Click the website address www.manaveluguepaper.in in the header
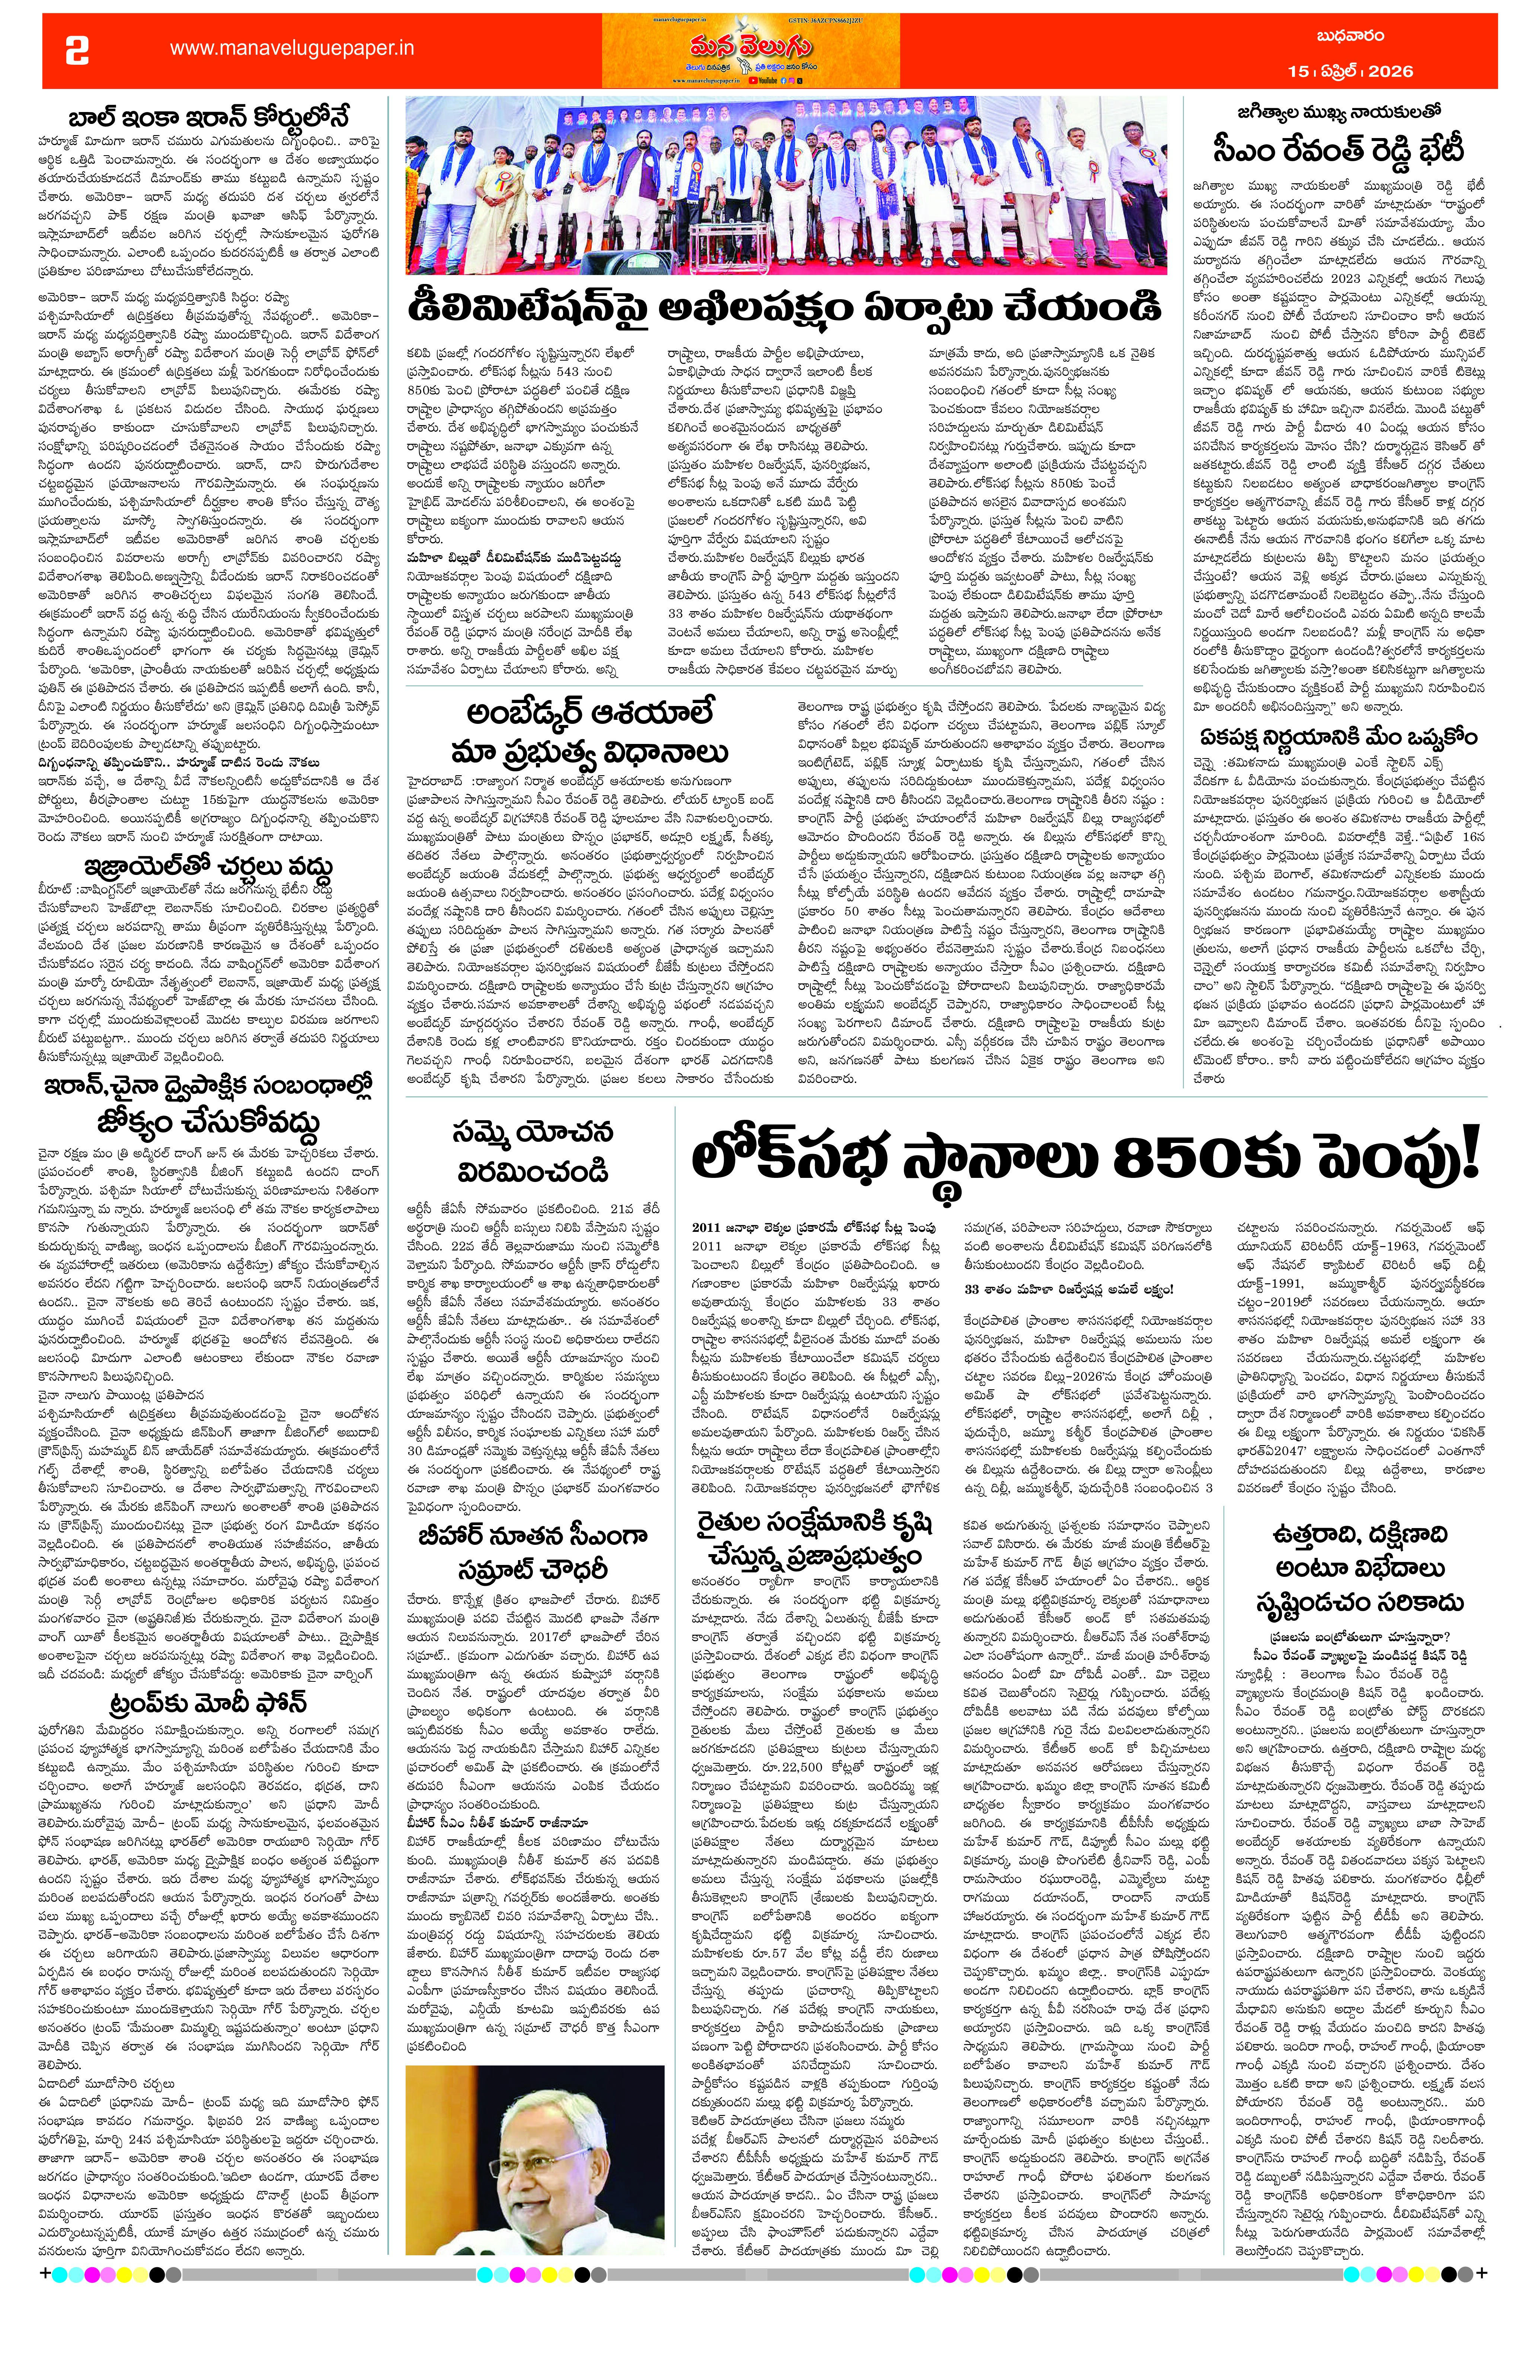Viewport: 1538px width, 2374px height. point(291,48)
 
